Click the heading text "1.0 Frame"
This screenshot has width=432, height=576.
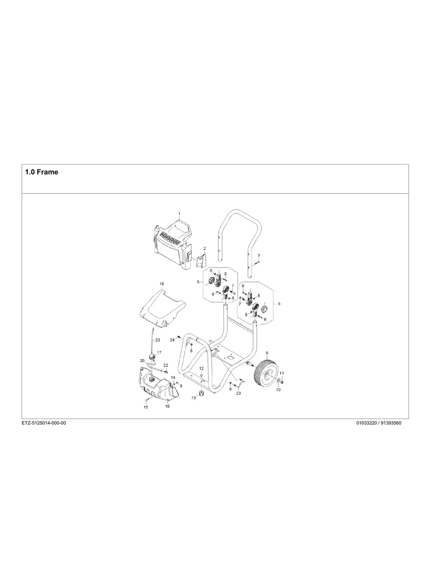click(x=41, y=172)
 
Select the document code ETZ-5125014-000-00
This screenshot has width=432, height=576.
click(x=44, y=423)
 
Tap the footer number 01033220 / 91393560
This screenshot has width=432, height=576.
click(x=379, y=423)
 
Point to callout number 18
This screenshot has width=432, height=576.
click(x=162, y=284)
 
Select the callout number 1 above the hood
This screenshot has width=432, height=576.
click(x=179, y=214)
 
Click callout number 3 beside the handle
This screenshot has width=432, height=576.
click(x=258, y=256)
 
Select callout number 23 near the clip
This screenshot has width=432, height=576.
click(x=238, y=393)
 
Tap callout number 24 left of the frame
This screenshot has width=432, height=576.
click(x=172, y=340)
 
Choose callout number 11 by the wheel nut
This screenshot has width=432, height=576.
click(x=281, y=373)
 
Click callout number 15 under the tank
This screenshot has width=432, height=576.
click(x=146, y=407)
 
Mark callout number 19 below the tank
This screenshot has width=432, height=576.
click(x=167, y=406)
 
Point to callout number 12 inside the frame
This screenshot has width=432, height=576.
click(x=201, y=369)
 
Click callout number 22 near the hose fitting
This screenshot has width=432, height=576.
click(x=165, y=365)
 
